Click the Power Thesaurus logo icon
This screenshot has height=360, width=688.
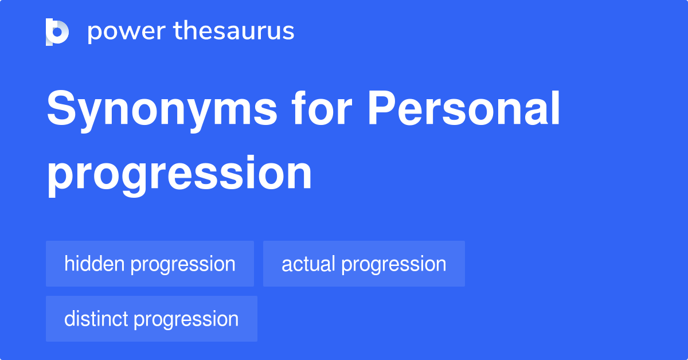pos(57,32)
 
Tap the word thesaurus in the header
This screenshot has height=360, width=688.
pos(234,32)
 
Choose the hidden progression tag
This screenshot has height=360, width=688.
pos(150,264)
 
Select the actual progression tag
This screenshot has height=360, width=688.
pos(363,264)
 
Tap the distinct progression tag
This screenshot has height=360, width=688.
pos(151,319)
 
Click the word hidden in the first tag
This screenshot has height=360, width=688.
pos(94,264)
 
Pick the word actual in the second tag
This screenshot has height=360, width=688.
pos(308,264)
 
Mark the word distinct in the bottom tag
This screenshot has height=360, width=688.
pos(96,319)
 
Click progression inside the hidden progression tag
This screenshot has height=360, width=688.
pos(183,264)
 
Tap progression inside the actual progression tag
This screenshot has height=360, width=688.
pos(394,264)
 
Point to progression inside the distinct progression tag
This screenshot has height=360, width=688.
pos(186,319)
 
